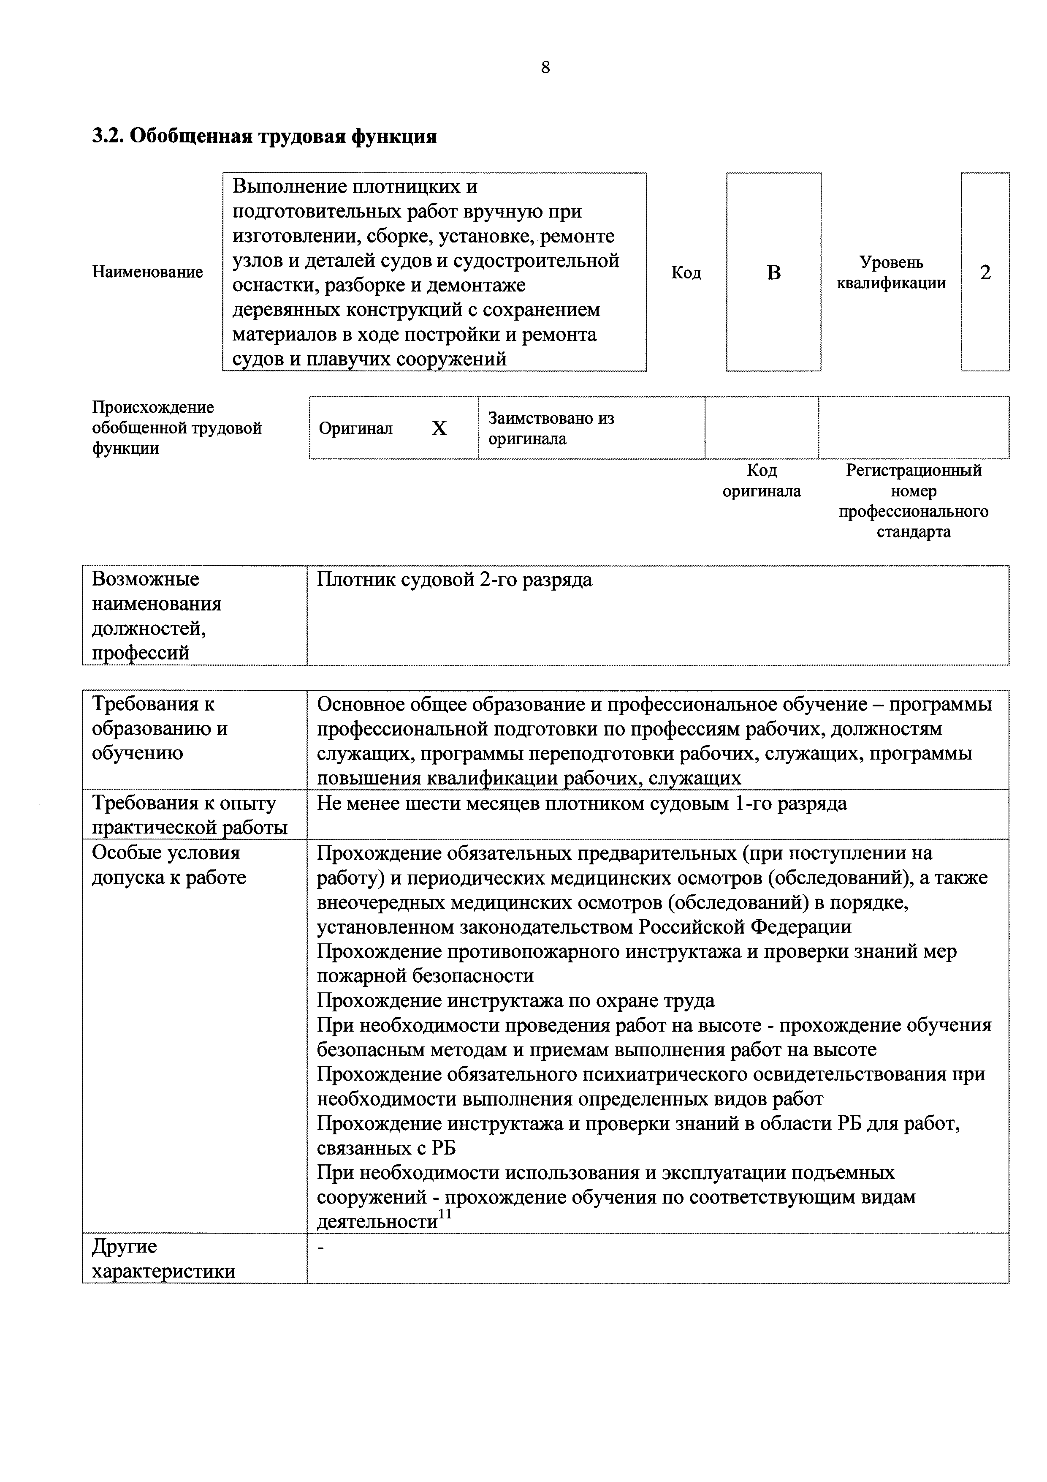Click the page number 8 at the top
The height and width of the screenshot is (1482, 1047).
545,68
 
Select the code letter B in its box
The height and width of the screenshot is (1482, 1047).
773,273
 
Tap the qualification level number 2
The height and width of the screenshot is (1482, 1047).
985,273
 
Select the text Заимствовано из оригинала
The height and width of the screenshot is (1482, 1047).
551,429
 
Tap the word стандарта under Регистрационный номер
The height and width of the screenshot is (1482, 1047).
914,532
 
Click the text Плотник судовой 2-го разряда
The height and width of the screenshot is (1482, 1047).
454,580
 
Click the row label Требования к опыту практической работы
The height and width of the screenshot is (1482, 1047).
190,815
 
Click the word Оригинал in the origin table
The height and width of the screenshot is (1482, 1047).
355,429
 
